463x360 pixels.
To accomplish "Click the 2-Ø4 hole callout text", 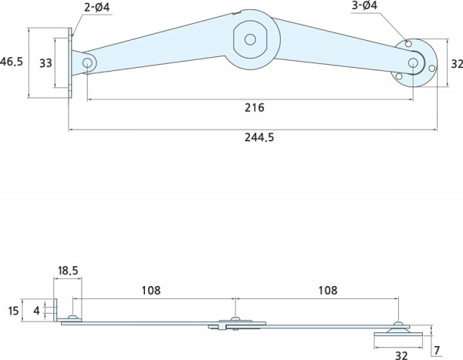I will coord(96,8).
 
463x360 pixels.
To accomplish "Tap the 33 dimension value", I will coord(46,62).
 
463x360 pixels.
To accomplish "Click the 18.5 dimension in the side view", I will coord(68,272).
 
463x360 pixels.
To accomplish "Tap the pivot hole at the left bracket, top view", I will coord(88,62).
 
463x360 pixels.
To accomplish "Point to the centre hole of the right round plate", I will coord(413,62).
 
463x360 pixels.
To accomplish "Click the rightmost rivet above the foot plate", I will coord(399,325).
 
